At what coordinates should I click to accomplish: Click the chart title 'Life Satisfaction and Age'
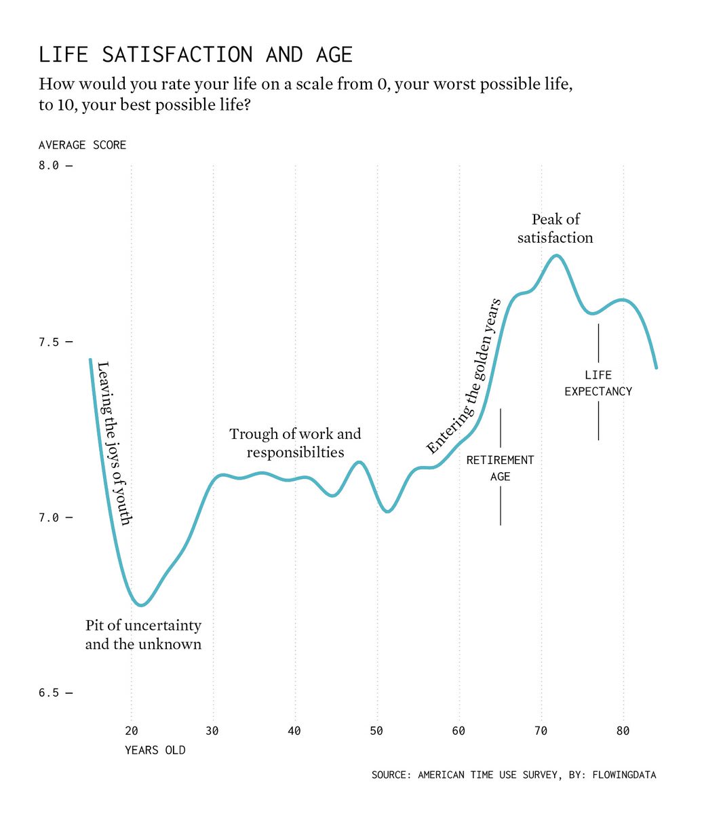(196, 54)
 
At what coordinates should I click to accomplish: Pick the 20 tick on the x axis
(131, 731)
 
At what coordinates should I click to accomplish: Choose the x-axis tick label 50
(376, 731)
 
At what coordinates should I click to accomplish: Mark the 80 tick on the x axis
(623, 731)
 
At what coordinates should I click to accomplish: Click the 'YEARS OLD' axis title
(155, 750)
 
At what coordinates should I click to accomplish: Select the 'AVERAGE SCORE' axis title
(82, 145)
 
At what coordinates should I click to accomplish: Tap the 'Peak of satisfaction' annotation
(555, 229)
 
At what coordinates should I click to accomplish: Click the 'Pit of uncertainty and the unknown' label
(143, 635)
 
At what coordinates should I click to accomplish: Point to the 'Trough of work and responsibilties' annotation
(295, 443)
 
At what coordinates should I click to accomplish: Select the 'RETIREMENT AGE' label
(500, 468)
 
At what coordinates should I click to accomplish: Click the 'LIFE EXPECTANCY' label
(598, 383)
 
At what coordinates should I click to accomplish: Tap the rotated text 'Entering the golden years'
(464, 376)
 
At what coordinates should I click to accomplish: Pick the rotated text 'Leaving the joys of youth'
(113, 444)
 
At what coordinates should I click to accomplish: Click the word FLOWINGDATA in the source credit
(624, 775)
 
